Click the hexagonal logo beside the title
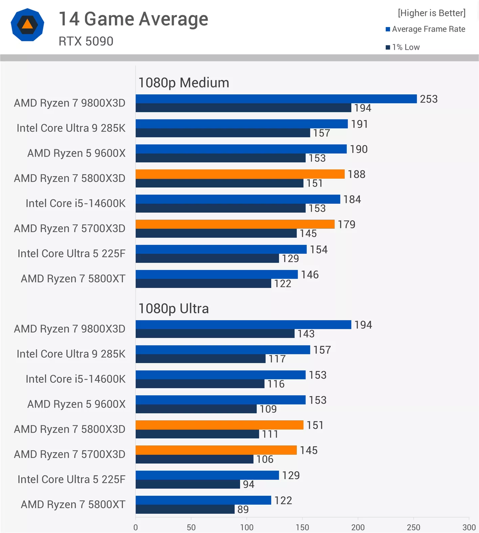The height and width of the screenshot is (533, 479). click(27, 25)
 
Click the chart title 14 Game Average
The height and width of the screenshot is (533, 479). click(133, 19)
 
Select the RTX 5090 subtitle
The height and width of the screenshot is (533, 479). click(86, 41)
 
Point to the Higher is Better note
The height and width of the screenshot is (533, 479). click(432, 13)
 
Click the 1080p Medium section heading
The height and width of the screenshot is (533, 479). click(184, 83)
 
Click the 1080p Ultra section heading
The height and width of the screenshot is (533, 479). click(174, 308)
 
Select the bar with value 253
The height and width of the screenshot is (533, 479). click(276, 99)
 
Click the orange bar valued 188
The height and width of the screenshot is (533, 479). click(240, 174)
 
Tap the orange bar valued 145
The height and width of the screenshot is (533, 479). click(216, 450)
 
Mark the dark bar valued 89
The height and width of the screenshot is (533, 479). click(185, 509)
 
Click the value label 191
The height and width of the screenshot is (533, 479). click(359, 124)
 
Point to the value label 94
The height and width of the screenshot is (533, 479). click(249, 484)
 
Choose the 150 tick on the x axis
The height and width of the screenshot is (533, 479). click(302, 527)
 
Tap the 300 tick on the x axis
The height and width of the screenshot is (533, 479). click(469, 527)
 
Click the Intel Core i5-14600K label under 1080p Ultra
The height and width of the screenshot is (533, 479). click(75, 379)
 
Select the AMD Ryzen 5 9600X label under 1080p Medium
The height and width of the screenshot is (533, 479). click(76, 153)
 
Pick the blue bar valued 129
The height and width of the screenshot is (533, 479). click(207, 475)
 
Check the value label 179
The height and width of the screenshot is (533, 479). click(346, 224)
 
